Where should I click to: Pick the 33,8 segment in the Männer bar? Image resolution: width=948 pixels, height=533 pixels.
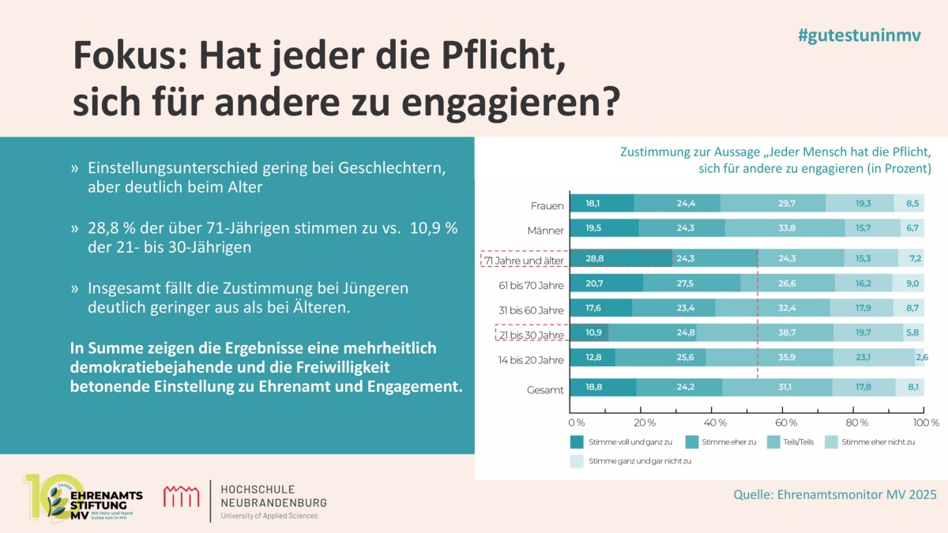(786, 231)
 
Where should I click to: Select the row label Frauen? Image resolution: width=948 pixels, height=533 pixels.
(547, 206)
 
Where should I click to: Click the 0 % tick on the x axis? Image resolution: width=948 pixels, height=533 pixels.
(577, 422)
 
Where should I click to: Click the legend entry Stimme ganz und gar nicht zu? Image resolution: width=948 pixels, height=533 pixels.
(632, 460)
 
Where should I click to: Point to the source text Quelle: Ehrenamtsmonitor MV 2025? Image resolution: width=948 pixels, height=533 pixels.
(835, 494)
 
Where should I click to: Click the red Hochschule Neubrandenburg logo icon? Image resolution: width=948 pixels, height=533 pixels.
(181, 497)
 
